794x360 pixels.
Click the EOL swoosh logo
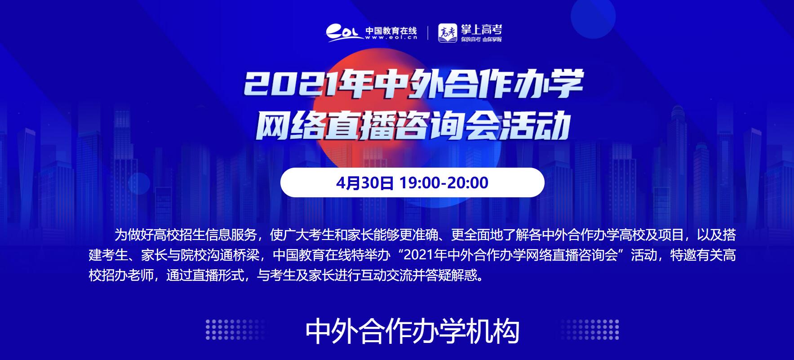(344, 33)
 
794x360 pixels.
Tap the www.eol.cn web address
(391, 38)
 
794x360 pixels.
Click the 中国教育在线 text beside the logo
(391, 31)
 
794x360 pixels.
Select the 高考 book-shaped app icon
(448, 33)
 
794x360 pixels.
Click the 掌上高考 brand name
(481, 30)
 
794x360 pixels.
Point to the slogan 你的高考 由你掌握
(481, 40)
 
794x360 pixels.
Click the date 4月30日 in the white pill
(365, 183)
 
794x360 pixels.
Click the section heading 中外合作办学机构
(413, 332)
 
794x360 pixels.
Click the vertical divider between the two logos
(427, 33)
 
